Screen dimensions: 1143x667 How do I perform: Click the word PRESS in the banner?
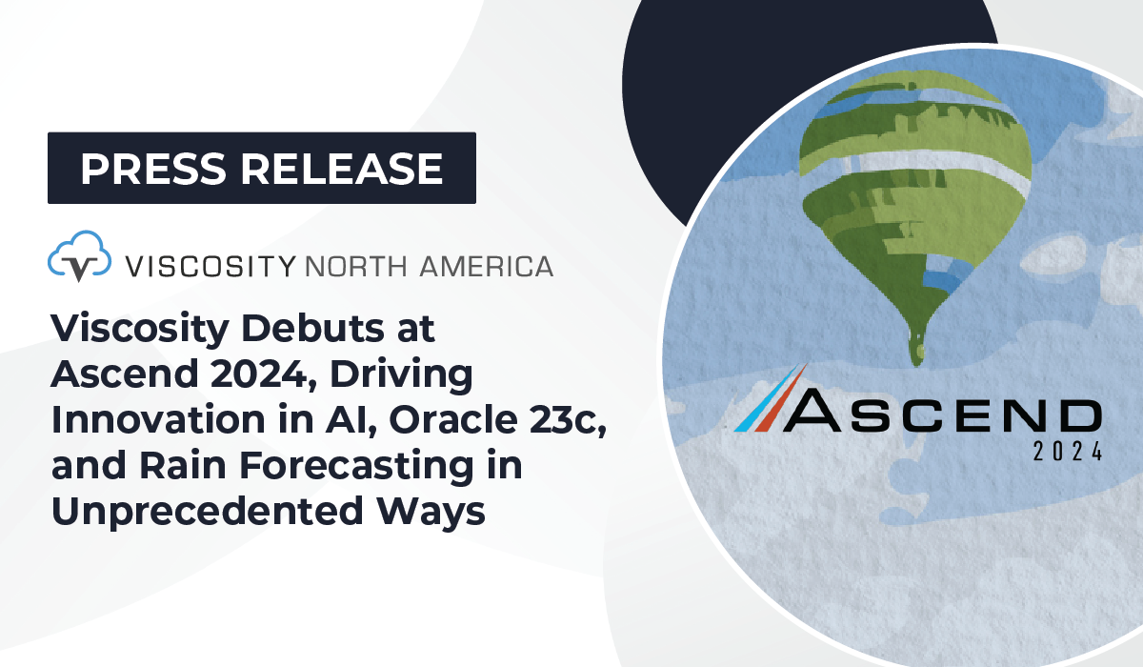153,169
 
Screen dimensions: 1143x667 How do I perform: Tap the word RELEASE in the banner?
342,169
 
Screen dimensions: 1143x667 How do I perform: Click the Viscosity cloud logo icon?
80,255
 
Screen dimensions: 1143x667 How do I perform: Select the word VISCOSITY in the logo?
211,267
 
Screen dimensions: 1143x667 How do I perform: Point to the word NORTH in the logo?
356,267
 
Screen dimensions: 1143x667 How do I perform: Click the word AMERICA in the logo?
487,267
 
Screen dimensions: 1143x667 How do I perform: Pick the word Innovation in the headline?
158,419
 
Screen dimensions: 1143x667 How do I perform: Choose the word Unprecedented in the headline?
208,513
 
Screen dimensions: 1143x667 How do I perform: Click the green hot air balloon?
916,204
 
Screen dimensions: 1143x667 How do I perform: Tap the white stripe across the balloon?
918,170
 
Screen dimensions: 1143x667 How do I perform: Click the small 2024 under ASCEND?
1068,452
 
